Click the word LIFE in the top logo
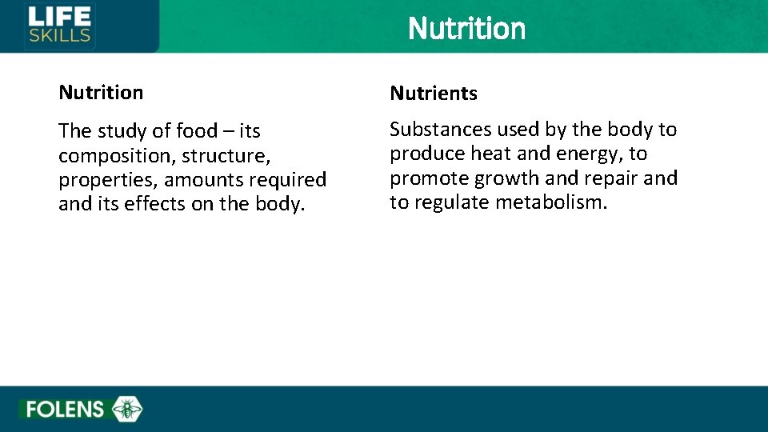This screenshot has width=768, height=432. click(59, 15)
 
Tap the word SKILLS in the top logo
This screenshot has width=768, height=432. click(59, 35)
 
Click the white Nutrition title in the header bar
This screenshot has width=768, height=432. click(466, 29)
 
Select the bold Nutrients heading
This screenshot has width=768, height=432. click(433, 94)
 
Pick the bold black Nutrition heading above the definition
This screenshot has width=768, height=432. click(101, 93)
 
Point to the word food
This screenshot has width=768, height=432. click(197, 131)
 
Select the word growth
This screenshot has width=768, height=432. click(510, 178)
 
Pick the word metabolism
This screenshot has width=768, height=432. click(551, 202)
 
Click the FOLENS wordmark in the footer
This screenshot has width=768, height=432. click(65, 410)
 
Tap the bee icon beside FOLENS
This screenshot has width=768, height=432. click(127, 410)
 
